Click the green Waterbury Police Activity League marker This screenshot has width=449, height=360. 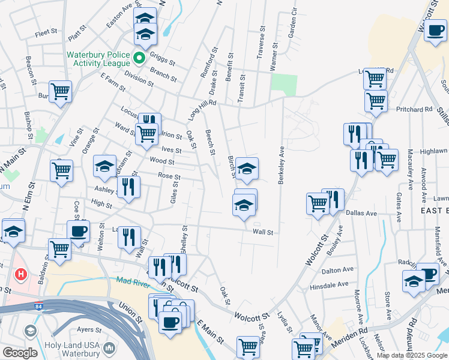(x=139, y=58)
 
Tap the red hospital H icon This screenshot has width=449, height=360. (x=21, y=275)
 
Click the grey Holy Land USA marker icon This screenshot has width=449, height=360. (x=109, y=347)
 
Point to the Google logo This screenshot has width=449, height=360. (x=19, y=353)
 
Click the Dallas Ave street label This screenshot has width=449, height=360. (x=362, y=213)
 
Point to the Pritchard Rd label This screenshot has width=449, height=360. (x=415, y=110)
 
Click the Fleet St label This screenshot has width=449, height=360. (x=46, y=33)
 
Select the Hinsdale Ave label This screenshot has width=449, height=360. (x=329, y=285)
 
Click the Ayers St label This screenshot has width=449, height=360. (x=88, y=329)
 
